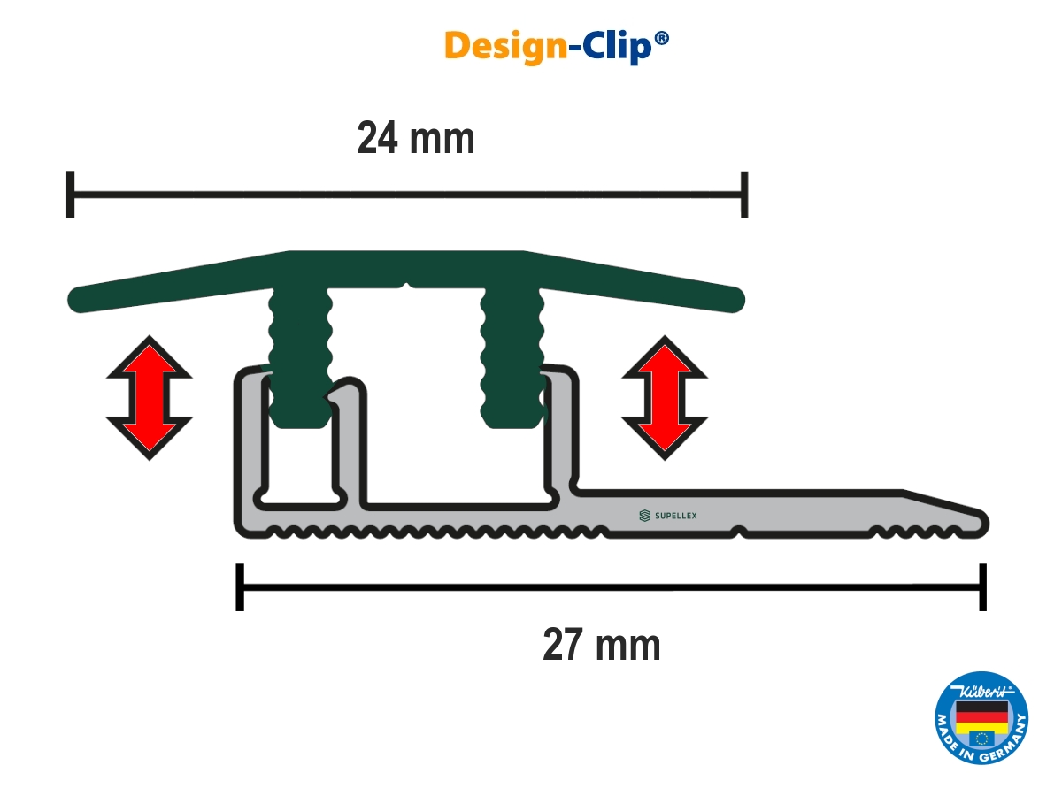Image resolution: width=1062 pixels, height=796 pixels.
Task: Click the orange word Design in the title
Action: click(x=504, y=46)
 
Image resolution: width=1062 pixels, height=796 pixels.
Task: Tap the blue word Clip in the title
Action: click(x=614, y=46)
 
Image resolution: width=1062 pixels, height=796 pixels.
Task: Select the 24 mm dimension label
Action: click(x=415, y=139)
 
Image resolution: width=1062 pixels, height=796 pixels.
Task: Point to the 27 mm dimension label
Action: click(x=601, y=646)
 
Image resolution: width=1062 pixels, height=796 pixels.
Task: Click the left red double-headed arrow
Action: click(x=149, y=397)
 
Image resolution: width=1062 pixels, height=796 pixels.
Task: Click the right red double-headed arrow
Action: click(x=665, y=397)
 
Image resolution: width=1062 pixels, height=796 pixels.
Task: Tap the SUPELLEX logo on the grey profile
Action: click(x=673, y=515)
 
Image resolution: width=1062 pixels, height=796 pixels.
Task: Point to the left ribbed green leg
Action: click(x=300, y=358)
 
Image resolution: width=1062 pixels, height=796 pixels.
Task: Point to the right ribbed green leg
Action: click(x=511, y=358)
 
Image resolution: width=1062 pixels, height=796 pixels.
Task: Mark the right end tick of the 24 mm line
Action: click(x=745, y=195)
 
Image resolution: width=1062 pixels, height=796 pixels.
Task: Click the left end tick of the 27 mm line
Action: click(x=239, y=586)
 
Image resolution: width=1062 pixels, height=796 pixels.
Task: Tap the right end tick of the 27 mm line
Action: click(x=981, y=586)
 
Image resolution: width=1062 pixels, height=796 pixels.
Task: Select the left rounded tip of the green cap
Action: click(x=77, y=298)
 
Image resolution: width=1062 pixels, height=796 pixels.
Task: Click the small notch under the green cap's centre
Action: click(x=405, y=287)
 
